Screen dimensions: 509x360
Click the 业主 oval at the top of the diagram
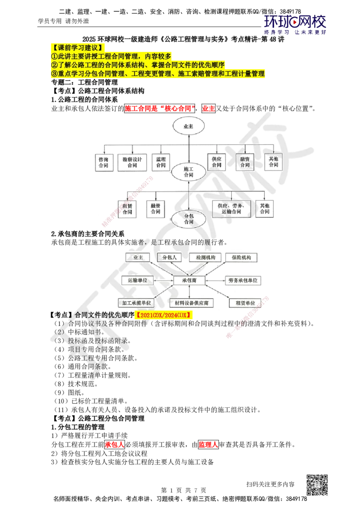(x=188, y=127)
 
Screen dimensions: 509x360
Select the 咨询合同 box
(x=103, y=162)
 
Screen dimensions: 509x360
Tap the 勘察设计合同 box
(x=132, y=162)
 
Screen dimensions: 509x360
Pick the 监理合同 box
(x=161, y=162)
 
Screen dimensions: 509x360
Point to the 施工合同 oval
(x=188, y=172)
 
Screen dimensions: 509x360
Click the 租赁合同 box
(x=127, y=209)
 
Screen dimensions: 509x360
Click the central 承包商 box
(x=189, y=280)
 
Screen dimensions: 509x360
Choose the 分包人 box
(x=169, y=257)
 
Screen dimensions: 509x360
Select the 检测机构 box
(x=205, y=257)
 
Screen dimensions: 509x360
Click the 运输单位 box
(x=137, y=280)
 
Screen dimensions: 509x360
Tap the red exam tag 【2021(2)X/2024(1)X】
(x=164, y=316)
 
